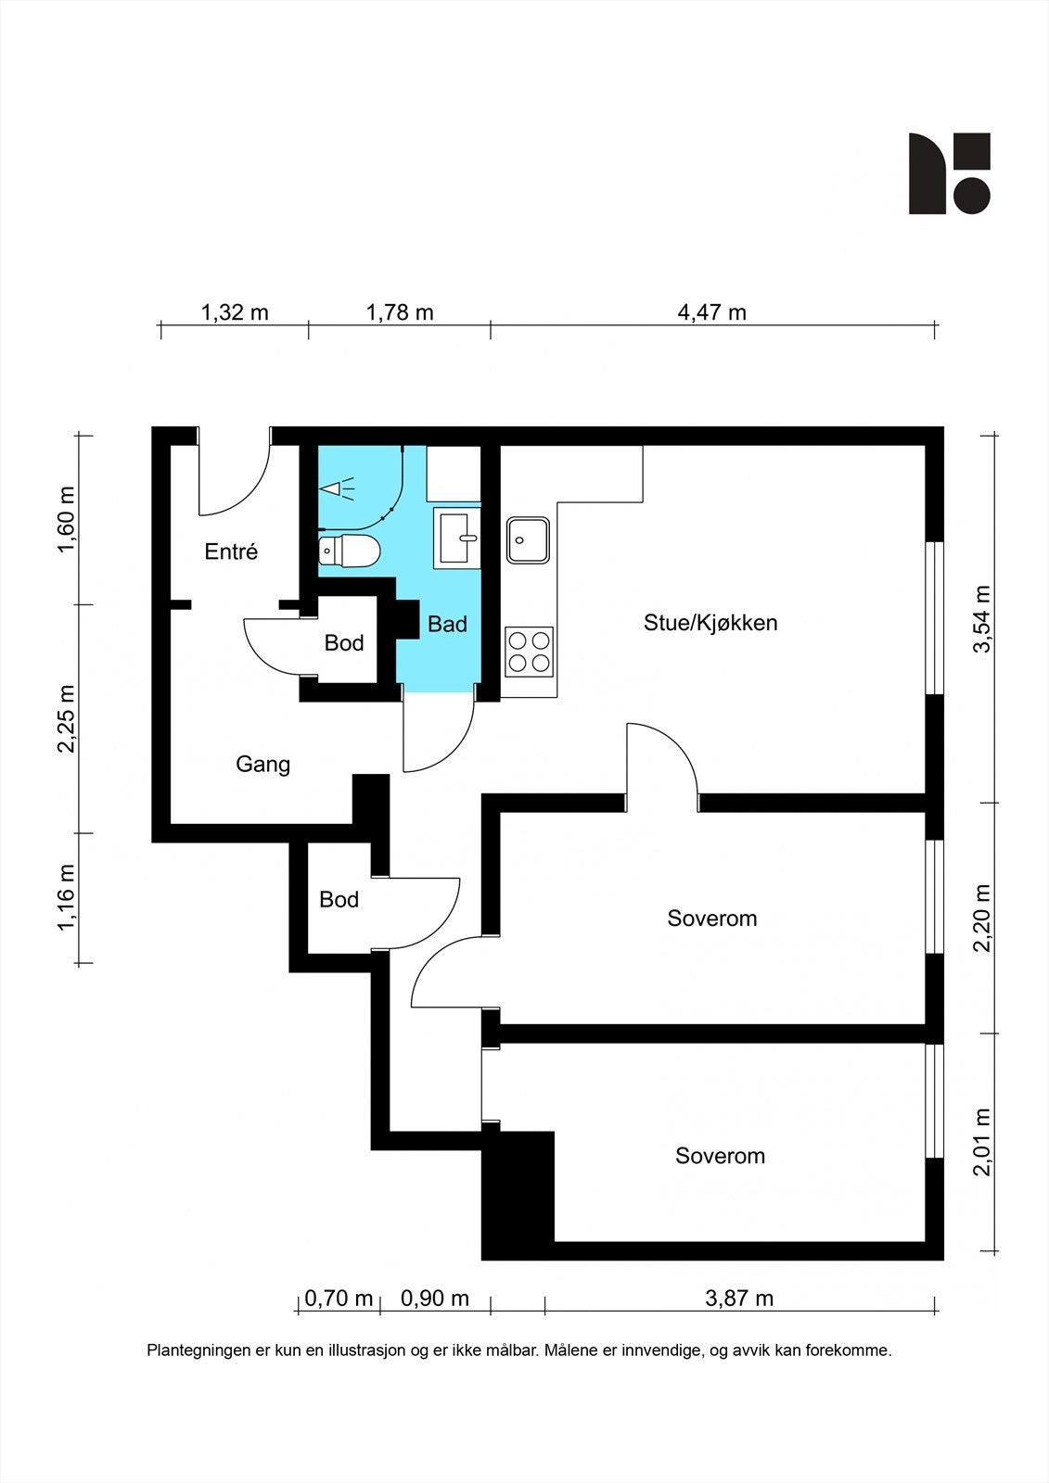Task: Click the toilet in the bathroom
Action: click(349, 551)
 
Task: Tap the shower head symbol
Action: click(337, 488)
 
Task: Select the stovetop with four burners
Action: click(529, 653)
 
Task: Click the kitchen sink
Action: click(528, 540)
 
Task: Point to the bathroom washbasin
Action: click(457, 539)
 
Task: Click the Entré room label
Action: click(231, 551)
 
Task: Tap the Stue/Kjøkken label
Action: click(710, 623)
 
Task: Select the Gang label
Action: click(263, 765)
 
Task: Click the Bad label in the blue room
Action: click(447, 624)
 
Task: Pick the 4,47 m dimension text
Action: click(711, 311)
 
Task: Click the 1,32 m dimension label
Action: click(235, 311)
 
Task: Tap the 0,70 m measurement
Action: click(339, 1299)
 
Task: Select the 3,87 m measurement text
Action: click(739, 1299)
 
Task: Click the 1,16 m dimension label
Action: click(67, 898)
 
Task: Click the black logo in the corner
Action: click(950, 173)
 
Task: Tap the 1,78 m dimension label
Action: click(400, 311)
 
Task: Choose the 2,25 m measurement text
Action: click(67, 719)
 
